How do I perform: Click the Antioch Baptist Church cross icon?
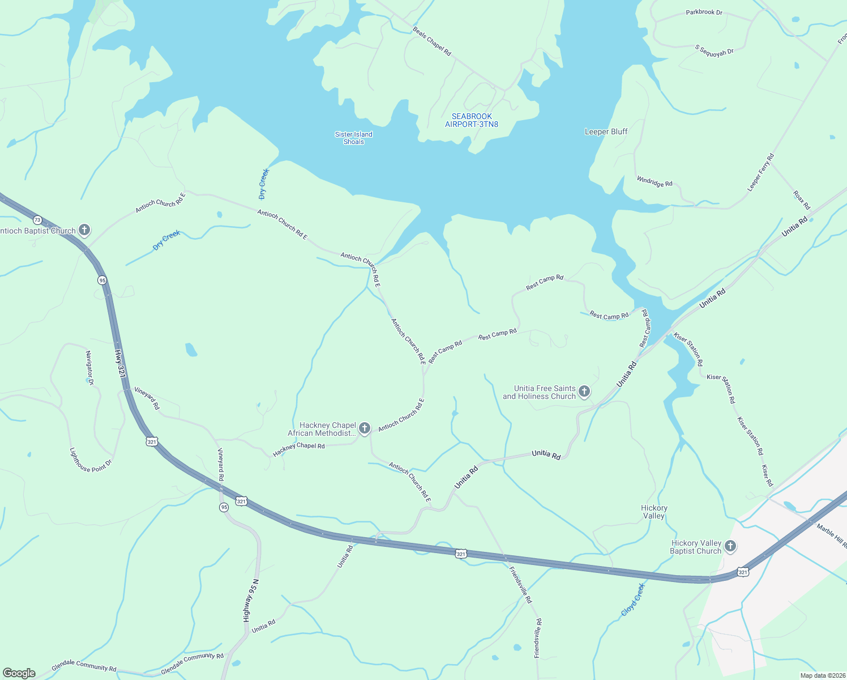(84, 229)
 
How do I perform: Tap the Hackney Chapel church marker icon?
(365, 428)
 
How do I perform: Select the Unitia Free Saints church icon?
(584, 392)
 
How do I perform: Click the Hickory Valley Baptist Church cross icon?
(730, 546)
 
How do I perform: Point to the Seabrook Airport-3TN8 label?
(472, 120)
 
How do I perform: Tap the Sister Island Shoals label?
(353, 138)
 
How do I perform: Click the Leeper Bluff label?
(606, 131)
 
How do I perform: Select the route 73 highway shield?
(37, 219)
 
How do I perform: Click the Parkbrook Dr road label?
(704, 12)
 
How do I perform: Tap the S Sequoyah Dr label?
(714, 50)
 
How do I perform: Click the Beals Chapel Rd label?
(432, 41)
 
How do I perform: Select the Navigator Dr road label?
(89, 368)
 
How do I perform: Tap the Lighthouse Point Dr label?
(91, 460)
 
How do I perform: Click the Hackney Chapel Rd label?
(298, 449)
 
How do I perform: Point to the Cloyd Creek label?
(632, 600)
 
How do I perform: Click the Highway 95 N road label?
(250, 601)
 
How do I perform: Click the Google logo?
(19, 673)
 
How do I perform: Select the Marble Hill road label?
(831, 536)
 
